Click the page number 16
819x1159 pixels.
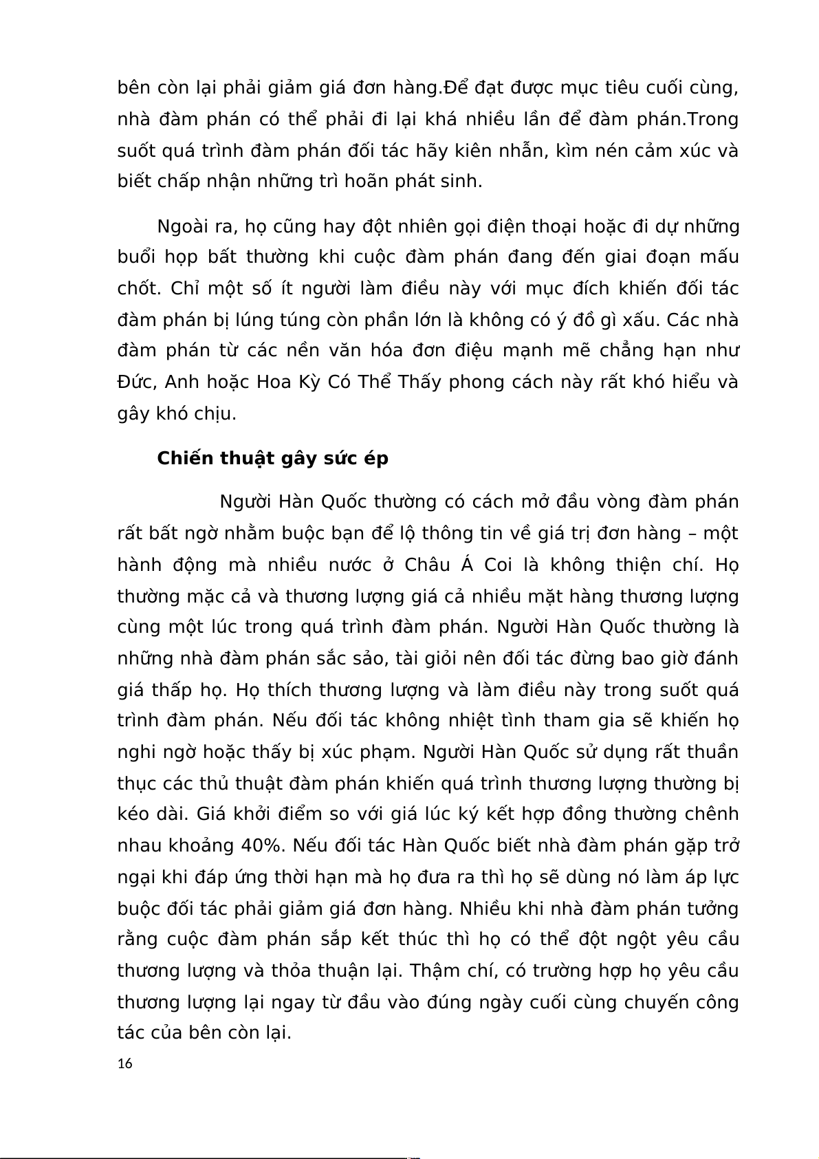[x=124, y=1063]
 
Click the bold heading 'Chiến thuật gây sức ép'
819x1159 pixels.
[x=272, y=458]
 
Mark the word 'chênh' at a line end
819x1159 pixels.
[x=712, y=814]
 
